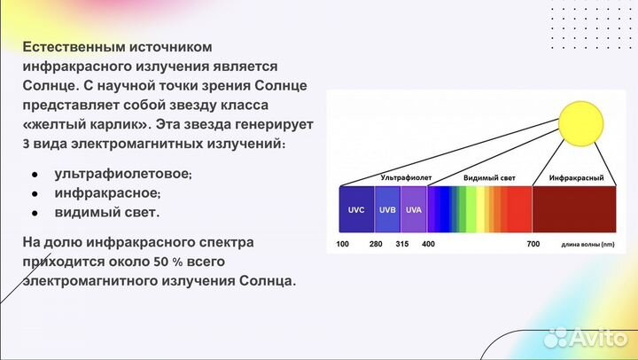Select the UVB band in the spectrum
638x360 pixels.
[x=387, y=209]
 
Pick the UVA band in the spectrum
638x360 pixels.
[x=413, y=209]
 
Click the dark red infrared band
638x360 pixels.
[x=573, y=209]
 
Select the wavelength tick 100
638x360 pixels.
[x=342, y=244]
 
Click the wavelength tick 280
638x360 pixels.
[x=376, y=244]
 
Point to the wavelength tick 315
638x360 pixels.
[x=401, y=244]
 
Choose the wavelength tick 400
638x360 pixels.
[x=428, y=244]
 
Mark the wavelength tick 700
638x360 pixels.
[x=533, y=244]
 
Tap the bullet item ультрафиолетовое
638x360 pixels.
[x=122, y=174]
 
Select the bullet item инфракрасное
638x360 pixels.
[x=107, y=192]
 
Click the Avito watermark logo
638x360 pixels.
[x=584, y=337]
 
